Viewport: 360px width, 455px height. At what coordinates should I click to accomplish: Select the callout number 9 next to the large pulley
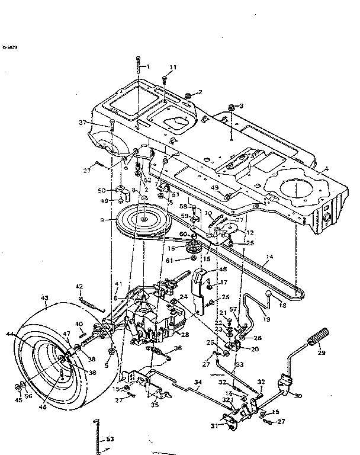click(102, 220)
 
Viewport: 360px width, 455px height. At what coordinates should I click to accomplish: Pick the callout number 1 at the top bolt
click(148, 66)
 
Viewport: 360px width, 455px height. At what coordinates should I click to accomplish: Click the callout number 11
click(173, 68)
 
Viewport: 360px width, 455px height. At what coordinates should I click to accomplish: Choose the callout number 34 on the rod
click(198, 383)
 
